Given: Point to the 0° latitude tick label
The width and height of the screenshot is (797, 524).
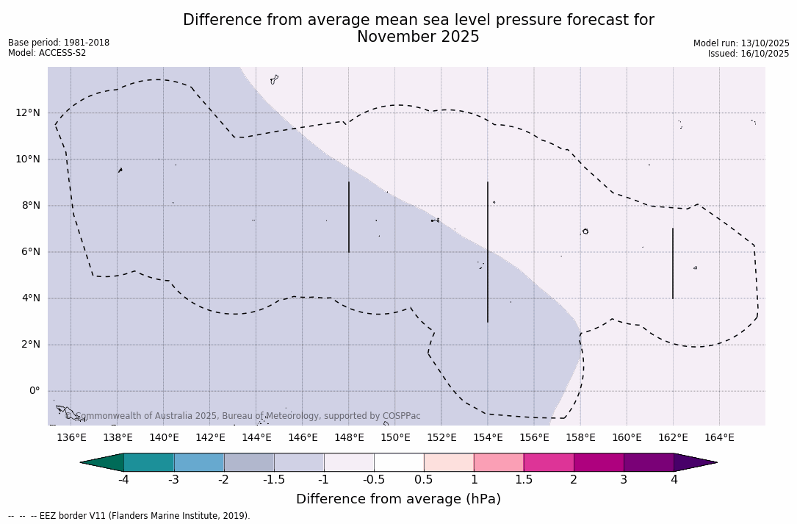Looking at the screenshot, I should point(34,391).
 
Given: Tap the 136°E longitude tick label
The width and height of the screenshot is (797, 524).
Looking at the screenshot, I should point(71,438).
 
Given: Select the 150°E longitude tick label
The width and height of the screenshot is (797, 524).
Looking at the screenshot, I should point(395,438).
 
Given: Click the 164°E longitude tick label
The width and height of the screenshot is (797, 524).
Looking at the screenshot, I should point(719,438).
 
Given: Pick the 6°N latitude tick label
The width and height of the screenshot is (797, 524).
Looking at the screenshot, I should point(30,252).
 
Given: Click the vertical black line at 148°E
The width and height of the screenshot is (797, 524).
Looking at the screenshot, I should point(349,217).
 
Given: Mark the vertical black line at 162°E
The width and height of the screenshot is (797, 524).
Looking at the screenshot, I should point(673,263).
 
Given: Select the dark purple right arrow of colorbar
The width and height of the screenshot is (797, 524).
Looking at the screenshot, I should point(693,462).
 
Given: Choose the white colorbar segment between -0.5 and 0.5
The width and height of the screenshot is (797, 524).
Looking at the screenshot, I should point(399,462).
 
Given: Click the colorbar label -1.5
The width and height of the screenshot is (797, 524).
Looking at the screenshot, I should point(274,480).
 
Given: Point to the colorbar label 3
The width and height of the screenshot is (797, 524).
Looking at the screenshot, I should point(624,480).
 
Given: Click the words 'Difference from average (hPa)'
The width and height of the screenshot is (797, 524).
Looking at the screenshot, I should point(398,500).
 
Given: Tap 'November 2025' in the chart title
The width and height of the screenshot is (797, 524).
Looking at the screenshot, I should point(418,37).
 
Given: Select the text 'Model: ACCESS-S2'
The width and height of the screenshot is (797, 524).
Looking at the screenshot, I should point(47,53).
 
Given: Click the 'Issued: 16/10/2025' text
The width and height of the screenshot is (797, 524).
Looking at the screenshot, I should point(749,54).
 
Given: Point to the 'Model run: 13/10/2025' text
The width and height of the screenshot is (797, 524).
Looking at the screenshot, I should point(741,43).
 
